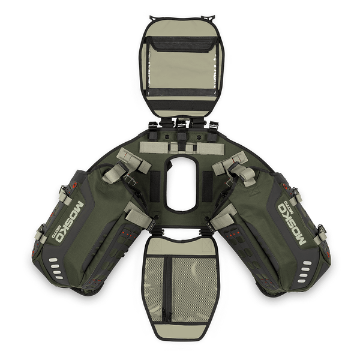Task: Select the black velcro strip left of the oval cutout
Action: click(155, 187)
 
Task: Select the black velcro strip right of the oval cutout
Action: click(208, 187)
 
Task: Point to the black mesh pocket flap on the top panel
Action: click(181, 44)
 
